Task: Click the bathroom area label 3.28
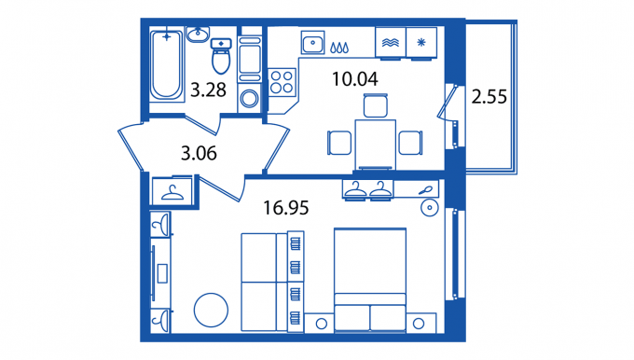click(208, 90)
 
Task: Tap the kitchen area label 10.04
click(355, 79)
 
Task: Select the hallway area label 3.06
click(199, 153)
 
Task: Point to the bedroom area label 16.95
click(286, 207)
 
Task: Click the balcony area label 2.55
click(489, 97)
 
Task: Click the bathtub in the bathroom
click(166, 64)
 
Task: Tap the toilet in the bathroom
click(221, 56)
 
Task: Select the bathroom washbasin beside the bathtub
click(198, 35)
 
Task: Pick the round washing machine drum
click(250, 99)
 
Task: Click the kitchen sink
click(312, 43)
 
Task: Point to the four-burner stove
click(282, 82)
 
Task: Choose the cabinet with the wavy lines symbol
click(391, 43)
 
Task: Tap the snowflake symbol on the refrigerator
click(421, 42)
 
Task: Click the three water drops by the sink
click(339, 48)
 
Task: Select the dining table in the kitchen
click(376, 145)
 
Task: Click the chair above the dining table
click(376, 105)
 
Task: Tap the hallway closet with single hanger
click(172, 191)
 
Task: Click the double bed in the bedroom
click(370, 280)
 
